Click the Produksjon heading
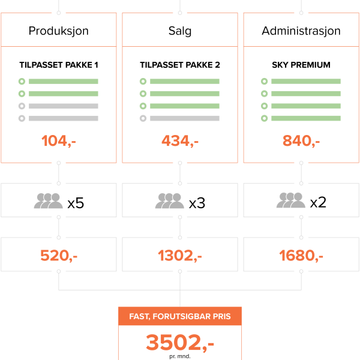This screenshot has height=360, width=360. (59, 31)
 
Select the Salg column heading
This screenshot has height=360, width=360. (180, 31)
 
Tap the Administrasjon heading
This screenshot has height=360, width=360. (301, 31)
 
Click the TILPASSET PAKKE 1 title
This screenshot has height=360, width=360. (59, 65)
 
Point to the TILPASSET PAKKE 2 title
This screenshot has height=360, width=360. (180, 65)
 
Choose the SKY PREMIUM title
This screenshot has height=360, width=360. (301, 65)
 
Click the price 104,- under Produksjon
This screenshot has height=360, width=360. (59, 140)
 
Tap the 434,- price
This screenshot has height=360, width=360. (180, 140)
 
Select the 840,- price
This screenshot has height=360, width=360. (301, 140)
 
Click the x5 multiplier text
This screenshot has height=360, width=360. (76, 203)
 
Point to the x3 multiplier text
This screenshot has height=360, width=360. (197, 203)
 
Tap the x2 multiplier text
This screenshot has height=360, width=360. (318, 202)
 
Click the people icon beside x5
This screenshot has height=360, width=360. (49, 200)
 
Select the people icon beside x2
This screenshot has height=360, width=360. (291, 200)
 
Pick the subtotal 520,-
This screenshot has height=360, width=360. (59, 256)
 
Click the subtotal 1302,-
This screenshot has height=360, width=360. (180, 256)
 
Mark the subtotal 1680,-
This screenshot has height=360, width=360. (301, 256)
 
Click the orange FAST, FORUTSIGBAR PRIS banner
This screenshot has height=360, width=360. (180, 316)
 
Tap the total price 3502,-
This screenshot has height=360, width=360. (180, 343)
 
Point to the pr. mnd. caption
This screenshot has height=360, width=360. (180, 356)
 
